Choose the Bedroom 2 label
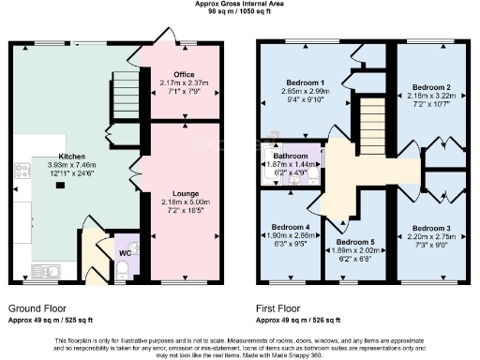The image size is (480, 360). [x=431, y=85]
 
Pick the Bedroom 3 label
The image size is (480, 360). [x=430, y=228]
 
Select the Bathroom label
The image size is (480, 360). [x=290, y=155]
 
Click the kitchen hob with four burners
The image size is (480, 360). [x=22, y=172]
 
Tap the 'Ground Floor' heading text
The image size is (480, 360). [x=37, y=307]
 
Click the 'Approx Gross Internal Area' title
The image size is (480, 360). [x=239, y=4]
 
